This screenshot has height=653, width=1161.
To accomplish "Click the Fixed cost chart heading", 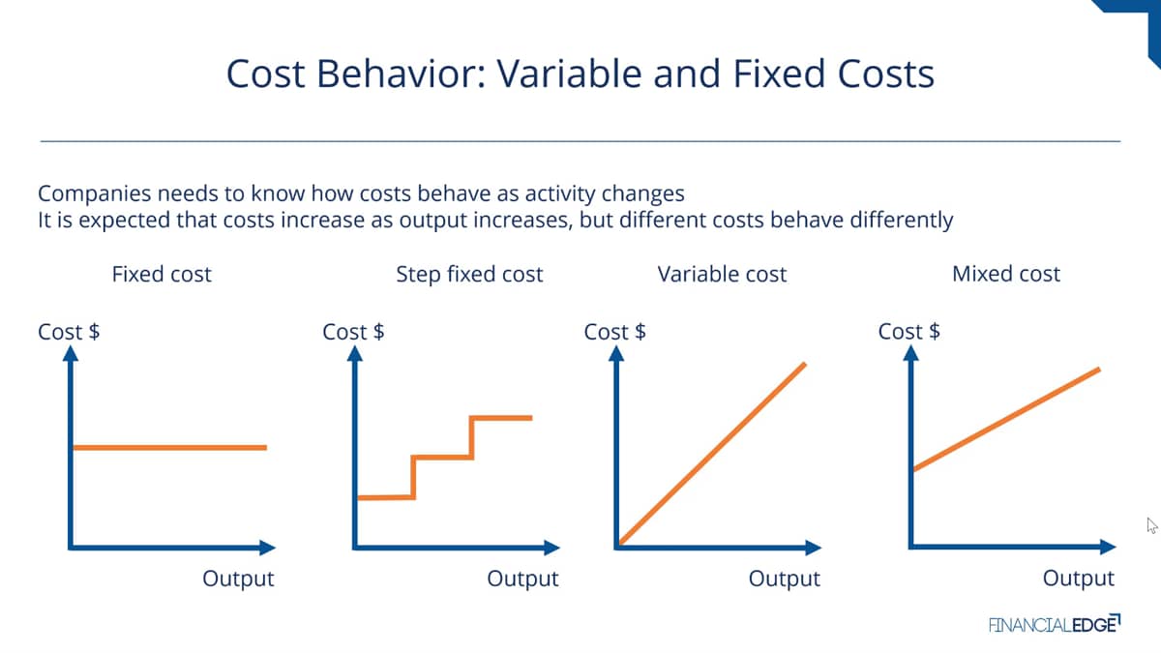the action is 162,274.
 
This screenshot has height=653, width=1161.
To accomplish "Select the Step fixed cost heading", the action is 469,275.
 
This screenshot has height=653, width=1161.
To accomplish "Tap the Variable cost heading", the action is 722,274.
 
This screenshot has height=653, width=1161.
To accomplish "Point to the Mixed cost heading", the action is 1006,274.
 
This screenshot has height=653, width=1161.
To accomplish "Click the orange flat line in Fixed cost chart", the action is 170,447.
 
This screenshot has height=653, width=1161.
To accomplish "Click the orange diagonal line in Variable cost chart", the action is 712,454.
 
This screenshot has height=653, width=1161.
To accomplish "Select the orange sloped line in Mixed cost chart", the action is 1006,419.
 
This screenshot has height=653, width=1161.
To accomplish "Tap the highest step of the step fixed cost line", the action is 501,418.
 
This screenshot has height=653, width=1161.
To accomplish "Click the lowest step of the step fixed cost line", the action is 386,497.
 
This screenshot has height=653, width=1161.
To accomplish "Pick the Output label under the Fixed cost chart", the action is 238,579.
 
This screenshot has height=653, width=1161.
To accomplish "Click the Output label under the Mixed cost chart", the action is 1079,578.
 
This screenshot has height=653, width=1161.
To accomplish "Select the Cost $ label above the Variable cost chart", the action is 614,332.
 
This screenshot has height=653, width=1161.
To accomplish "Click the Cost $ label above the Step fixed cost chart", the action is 353,332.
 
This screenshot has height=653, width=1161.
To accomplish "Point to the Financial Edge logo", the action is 1055,624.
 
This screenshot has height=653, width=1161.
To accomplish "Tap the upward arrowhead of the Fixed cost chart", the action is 71,353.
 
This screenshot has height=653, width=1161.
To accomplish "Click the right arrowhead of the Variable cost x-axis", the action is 814,548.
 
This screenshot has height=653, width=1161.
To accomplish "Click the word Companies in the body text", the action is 95,193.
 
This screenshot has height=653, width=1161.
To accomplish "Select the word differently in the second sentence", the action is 902,221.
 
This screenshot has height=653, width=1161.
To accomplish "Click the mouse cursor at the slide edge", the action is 1151,525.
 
